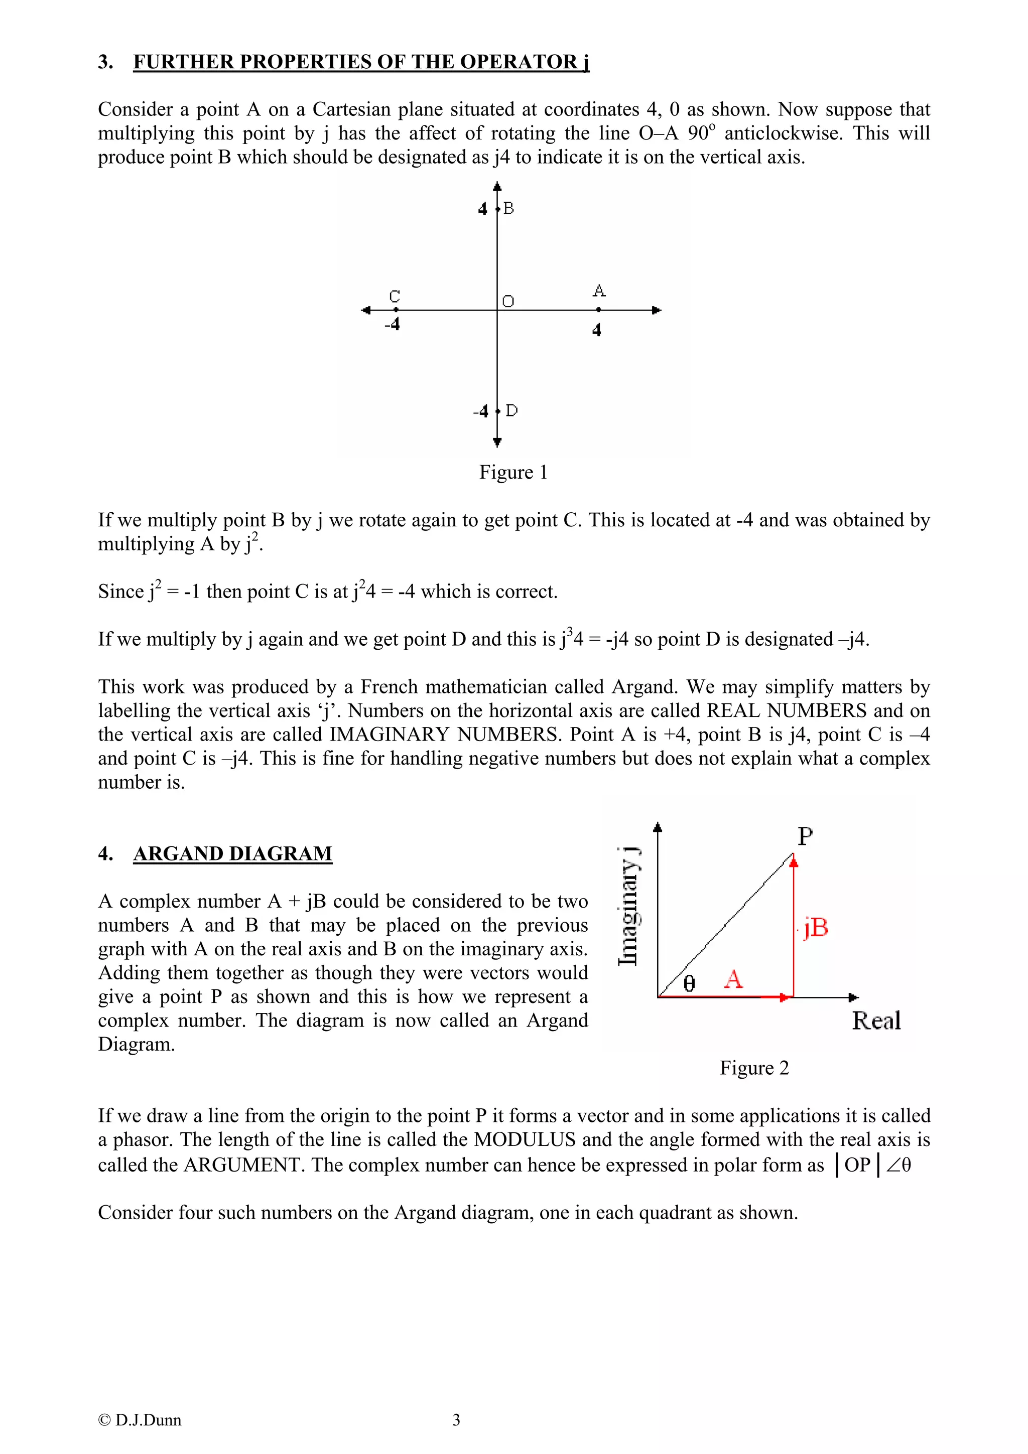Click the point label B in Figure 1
508,208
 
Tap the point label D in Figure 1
512,411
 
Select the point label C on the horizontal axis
395,297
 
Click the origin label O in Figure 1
508,302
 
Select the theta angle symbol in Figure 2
689,983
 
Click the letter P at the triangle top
805,836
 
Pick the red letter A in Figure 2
733,979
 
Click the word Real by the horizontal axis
876,1021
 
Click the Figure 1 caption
513,473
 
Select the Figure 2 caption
754,1068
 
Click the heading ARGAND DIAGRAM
232,853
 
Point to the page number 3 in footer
456,1420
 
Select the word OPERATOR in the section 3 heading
518,62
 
